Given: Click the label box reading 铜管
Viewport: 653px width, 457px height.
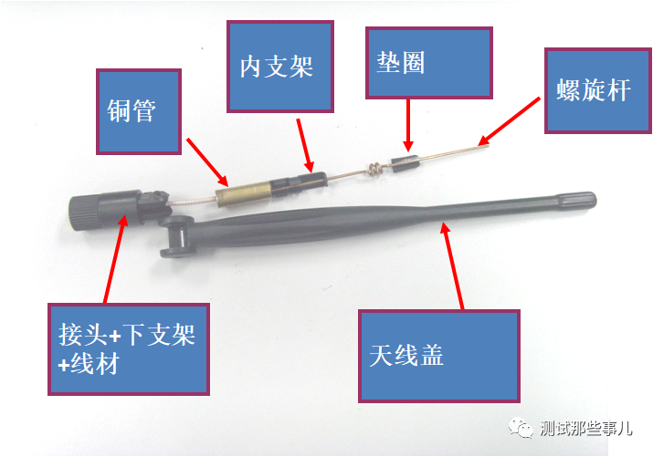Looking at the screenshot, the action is pyautogui.click(x=139, y=111).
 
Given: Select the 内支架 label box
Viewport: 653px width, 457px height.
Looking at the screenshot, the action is pyautogui.click(x=280, y=67).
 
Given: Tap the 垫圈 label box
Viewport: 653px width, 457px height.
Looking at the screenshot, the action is pyautogui.click(x=429, y=63).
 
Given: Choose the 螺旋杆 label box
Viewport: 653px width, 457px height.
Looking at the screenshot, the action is pyautogui.click(x=598, y=90).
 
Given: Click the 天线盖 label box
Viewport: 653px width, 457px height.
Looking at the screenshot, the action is pyautogui.click(x=439, y=356).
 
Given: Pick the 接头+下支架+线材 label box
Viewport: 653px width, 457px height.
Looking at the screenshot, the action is pyautogui.click(x=128, y=348).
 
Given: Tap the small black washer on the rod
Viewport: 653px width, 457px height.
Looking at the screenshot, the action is pyautogui.click(x=404, y=163).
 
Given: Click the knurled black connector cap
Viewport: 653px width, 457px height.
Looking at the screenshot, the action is pyautogui.click(x=84, y=213).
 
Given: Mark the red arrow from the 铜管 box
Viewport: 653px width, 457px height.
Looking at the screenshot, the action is pyautogui.click(x=207, y=162).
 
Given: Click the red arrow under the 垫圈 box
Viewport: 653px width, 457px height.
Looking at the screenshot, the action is pyautogui.click(x=408, y=125).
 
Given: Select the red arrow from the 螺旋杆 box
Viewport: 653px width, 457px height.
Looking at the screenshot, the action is pyautogui.click(x=509, y=122).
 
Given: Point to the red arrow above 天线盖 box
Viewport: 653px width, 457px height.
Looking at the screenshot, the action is pyautogui.click(x=452, y=265).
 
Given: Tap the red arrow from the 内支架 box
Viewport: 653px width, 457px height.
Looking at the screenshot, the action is pyautogui.click(x=305, y=146).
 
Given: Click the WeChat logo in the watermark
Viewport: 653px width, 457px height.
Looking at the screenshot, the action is pyautogui.click(x=521, y=428).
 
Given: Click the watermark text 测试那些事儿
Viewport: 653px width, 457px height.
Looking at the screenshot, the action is pyautogui.click(x=586, y=429).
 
